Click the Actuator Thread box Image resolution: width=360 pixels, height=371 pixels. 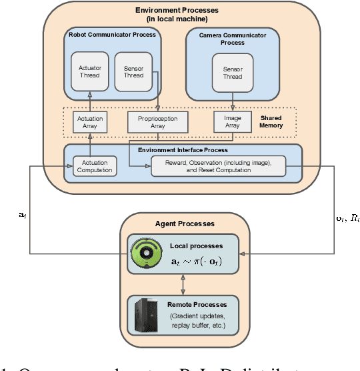click(89, 71)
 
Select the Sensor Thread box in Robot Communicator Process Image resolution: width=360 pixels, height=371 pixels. click(133, 71)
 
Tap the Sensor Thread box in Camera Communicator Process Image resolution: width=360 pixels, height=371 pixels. click(233, 71)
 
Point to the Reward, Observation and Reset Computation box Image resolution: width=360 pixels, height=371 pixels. click(219, 165)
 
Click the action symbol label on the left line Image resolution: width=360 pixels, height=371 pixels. click(25, 216)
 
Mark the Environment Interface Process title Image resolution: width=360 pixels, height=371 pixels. click(183, 151)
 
